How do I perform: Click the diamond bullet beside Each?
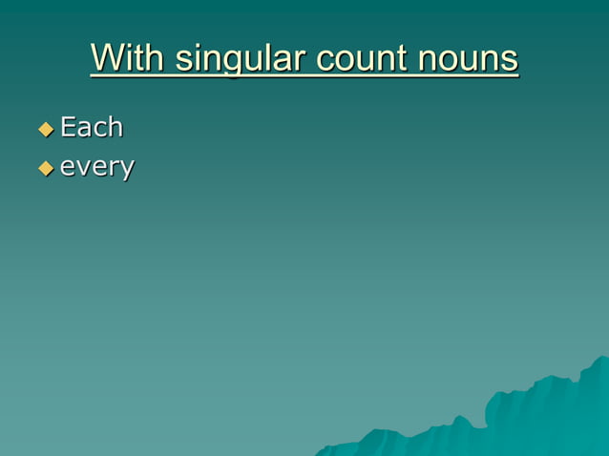[45, 128]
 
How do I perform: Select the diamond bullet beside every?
[45, 168]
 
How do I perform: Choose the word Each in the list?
[92, 127]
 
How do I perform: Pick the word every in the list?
[96, 168]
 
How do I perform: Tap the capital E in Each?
[68, 127]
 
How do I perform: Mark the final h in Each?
[115, 127]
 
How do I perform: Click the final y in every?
[127, 171]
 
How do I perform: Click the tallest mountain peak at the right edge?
[601, 360]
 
